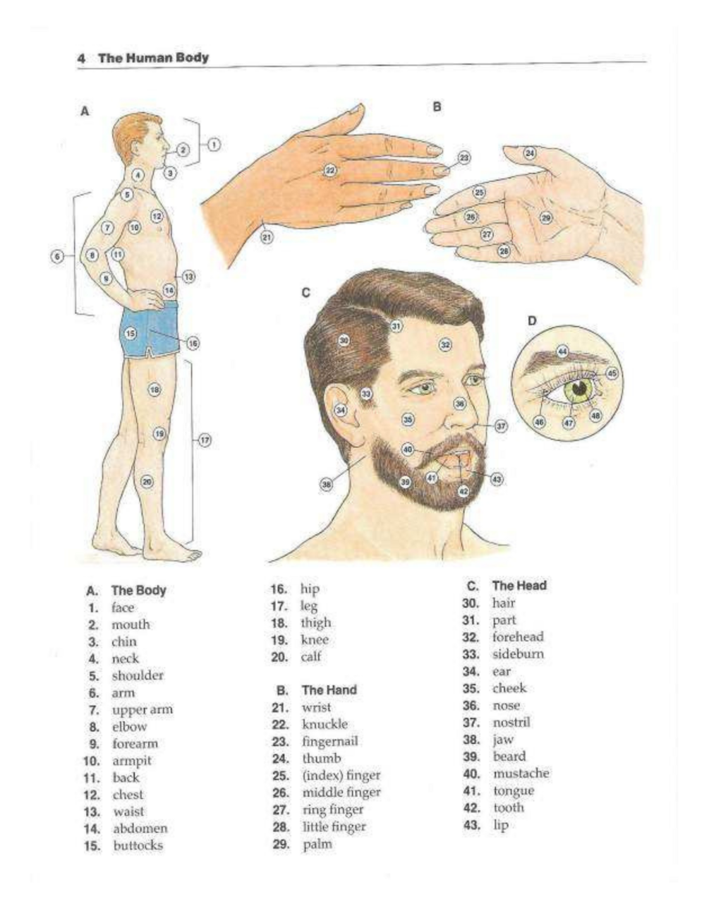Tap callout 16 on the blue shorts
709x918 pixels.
193,343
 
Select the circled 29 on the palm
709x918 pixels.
546,217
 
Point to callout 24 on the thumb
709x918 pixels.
530,152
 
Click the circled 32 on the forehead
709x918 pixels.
445,344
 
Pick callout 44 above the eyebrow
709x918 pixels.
562,351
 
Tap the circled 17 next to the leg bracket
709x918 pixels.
205,440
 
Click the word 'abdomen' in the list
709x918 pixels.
140,828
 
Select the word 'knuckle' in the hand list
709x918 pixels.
325,724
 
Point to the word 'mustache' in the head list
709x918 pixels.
521,773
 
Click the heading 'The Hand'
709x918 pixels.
329,690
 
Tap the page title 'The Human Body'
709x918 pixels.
154,57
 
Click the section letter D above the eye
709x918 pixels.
532,321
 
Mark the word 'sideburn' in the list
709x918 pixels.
518,654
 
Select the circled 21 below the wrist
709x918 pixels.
267,237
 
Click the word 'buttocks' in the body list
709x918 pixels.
138,845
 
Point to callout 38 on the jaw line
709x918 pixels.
327,484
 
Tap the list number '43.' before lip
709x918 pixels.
472,825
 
